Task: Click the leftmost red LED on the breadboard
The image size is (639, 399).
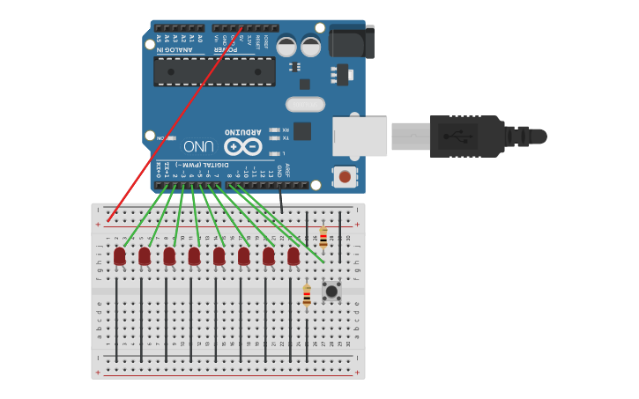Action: (119, 255)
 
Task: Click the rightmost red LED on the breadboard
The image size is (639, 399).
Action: (293, 255)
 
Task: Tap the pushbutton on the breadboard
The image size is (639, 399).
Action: (331, 291)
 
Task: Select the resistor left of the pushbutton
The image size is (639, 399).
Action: (307, 296)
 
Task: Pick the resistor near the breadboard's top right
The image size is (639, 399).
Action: (323, 237)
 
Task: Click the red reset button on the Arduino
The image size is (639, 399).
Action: (345, 176)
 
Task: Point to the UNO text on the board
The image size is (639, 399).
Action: (198, 145)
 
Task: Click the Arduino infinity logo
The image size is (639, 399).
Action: (242, 146)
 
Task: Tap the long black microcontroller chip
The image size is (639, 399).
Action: (214, 71)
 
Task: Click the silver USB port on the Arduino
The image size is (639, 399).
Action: (360, 137)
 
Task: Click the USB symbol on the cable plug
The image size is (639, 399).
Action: (457, 137)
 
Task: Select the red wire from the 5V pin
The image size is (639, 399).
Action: (176, 123)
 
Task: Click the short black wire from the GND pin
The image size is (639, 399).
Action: (281, 200)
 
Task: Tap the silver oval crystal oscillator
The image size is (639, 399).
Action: (305, 105)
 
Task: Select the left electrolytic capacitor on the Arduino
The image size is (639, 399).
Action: (286, 46)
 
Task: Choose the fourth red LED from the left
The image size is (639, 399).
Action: (194, 255)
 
